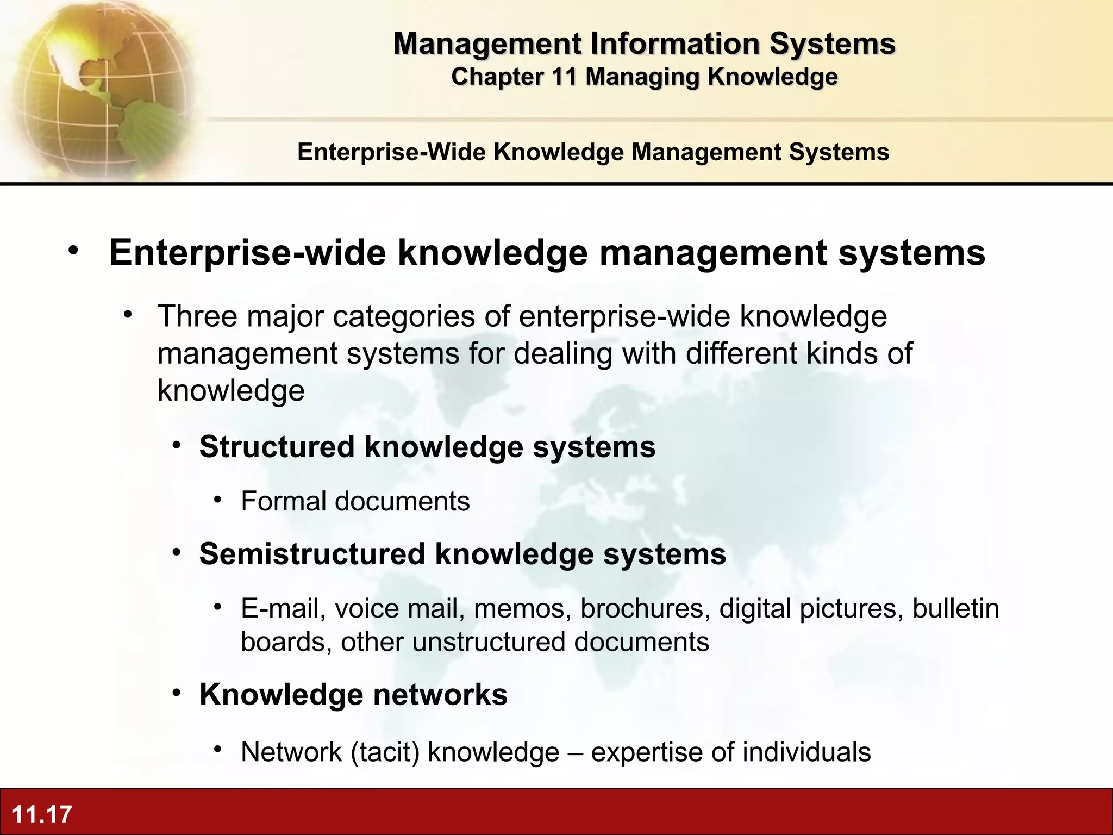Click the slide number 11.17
coord(42,814)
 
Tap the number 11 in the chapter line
coord(563,77)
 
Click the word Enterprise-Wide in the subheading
coord(391,152)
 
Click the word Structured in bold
coord(277,447)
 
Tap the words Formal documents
coord(355,501)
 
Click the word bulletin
coord(955,608)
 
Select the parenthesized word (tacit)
coord(385,752)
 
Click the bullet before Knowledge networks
coord(177,693)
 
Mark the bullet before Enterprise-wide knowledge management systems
coord(73,251)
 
